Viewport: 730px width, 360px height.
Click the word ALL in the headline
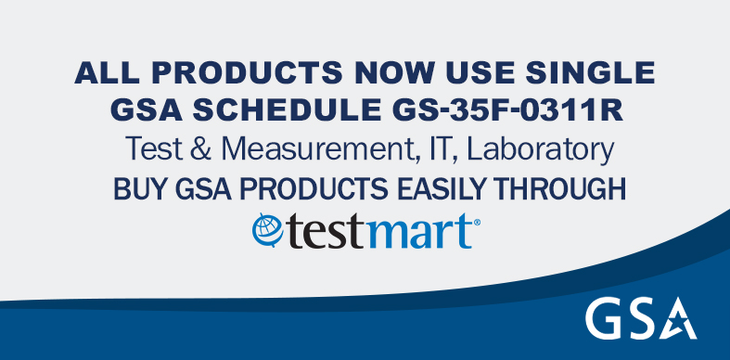(x=100, y=72)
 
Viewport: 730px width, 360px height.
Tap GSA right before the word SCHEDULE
(x=144, y=110)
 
